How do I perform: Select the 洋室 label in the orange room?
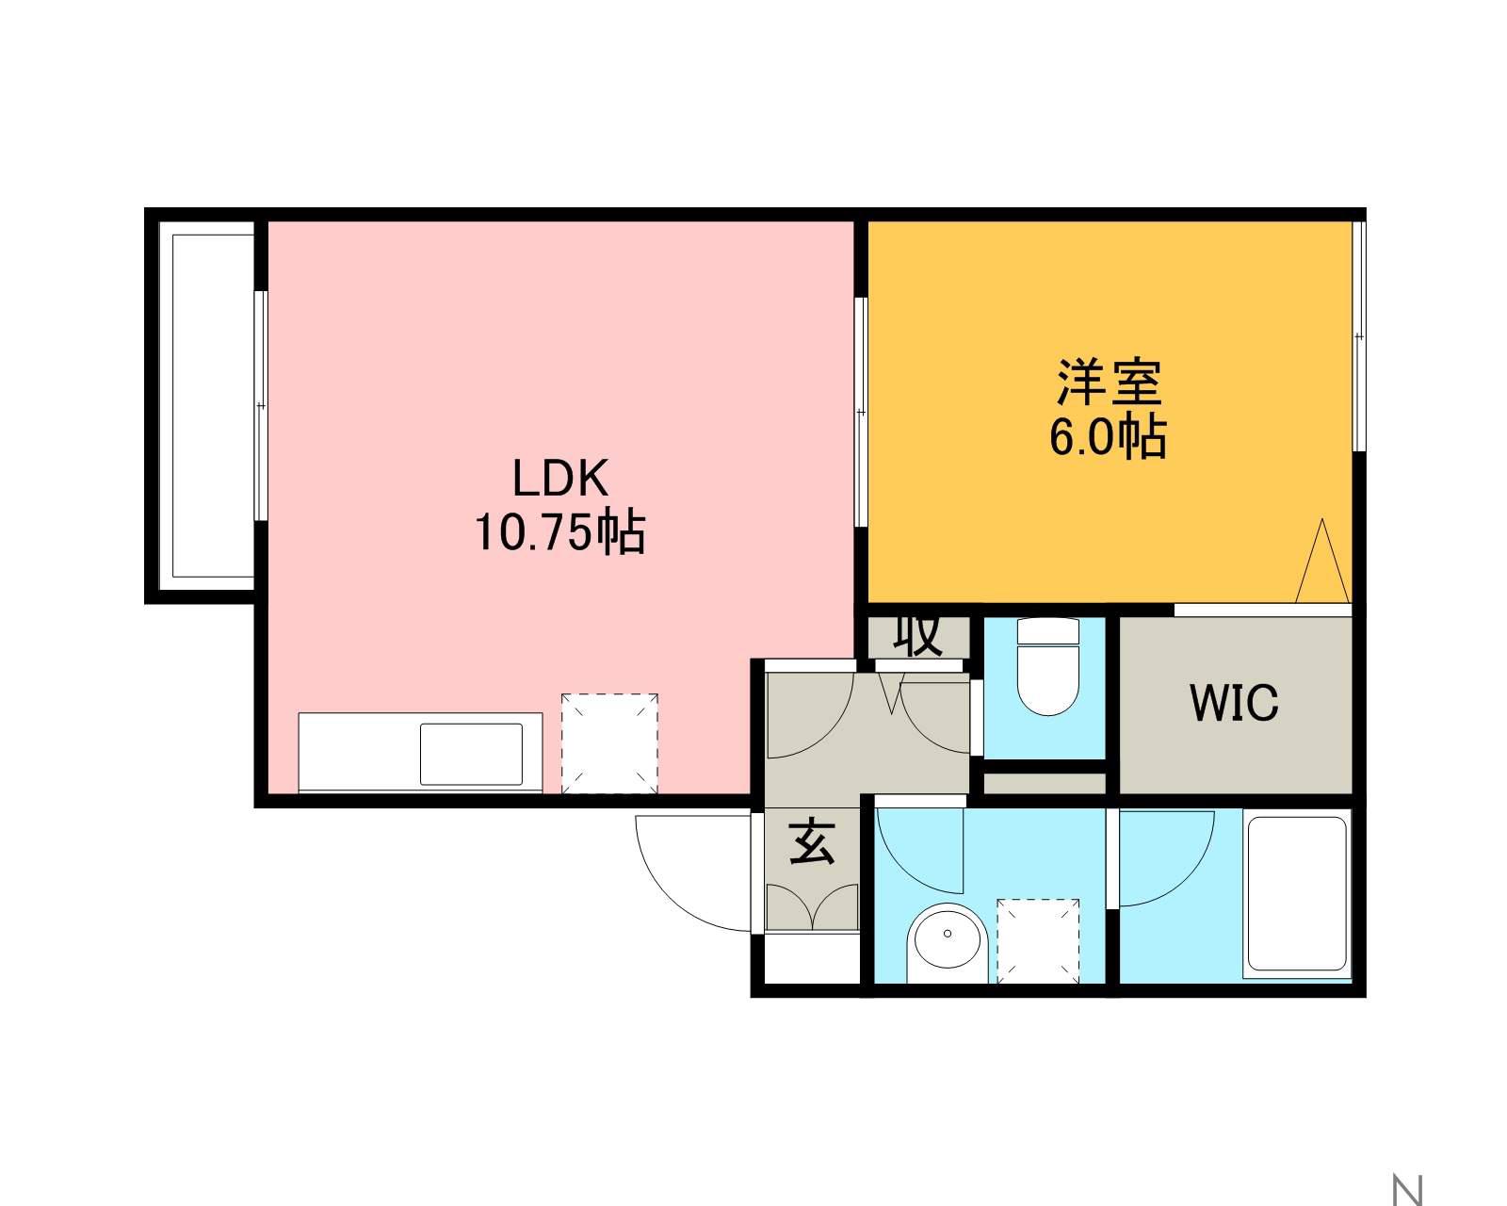coord(1109,382)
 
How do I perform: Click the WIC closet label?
coord(1234,702)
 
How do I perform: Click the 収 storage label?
coord(917,636)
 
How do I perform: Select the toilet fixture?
coord(1047,666)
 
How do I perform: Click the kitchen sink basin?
coord(471,754)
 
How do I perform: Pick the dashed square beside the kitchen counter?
coord(609,743)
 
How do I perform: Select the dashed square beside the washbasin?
coord(1038,941)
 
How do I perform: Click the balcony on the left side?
coord(206,406)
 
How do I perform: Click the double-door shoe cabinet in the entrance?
coord(812,906)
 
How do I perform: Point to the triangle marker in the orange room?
coord(1322,561)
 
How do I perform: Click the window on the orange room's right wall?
coord(1358,335)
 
